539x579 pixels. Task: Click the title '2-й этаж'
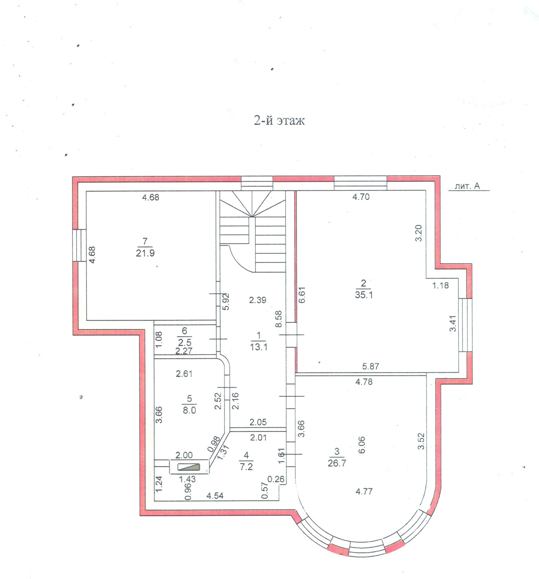[279, 120]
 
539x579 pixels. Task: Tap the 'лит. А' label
[467, 186]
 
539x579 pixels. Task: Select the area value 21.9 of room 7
[145, 253]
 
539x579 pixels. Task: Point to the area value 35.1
[364, 295]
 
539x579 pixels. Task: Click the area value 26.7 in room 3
[337, 463]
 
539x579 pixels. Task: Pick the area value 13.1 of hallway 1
[258, 347]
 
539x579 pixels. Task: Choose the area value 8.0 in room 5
[189, 410]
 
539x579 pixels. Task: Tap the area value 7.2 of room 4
[246, 467]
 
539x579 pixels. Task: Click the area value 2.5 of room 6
[185, 342]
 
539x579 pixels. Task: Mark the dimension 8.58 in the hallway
[279, 319]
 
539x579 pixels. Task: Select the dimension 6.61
[302, 295]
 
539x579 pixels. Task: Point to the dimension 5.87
[370, 366]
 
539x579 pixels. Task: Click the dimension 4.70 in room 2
[361, 197]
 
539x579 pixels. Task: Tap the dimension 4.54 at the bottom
[215, 495]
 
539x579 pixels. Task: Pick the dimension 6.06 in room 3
[361, 445]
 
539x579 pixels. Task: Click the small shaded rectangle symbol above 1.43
[189, 467]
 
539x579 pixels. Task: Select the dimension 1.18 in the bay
[440, 285]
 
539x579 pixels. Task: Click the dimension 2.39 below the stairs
[257, 300]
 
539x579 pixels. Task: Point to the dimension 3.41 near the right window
[453, 323]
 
